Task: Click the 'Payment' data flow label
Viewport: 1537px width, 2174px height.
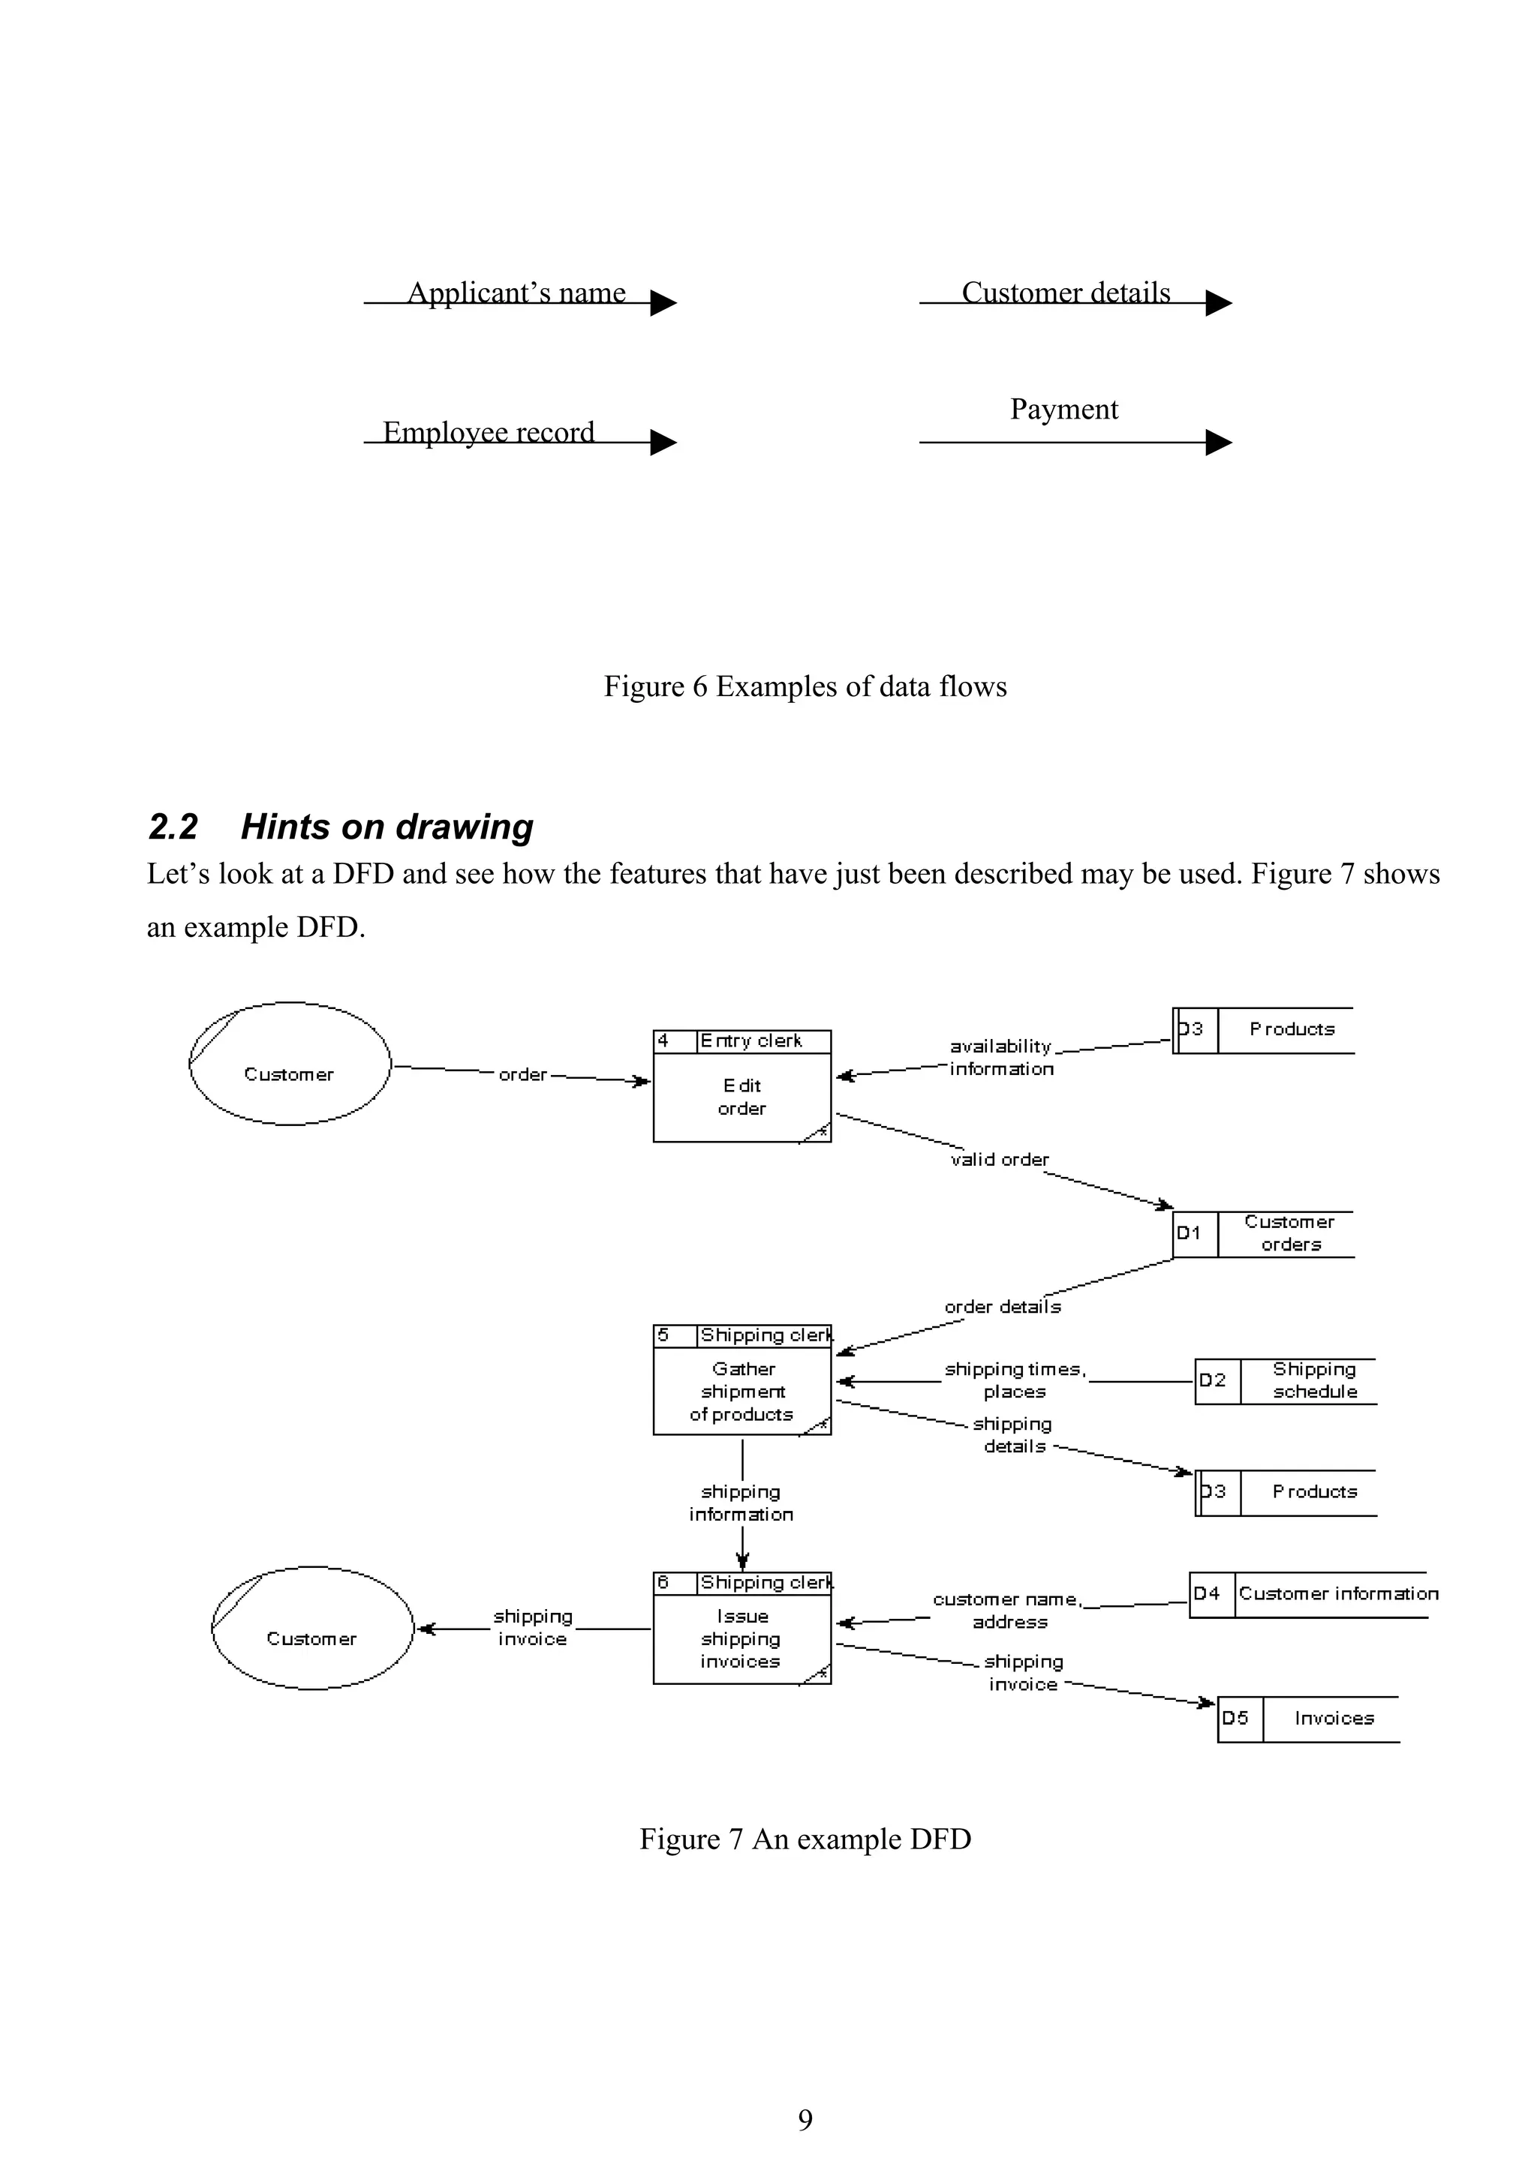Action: [1063, 409]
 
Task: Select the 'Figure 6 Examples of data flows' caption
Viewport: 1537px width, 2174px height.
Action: [805, 686]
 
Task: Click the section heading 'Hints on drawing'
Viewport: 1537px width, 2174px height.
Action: [387, 827]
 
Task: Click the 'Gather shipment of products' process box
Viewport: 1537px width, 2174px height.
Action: [741, 1391]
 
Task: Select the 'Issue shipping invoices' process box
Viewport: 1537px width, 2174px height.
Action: [741, 1639]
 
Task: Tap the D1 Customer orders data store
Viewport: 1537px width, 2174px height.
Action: [1263, 1234]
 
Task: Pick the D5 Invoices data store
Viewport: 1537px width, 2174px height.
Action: [1308, 1719]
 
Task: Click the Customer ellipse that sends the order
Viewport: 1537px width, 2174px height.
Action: [290, 1064]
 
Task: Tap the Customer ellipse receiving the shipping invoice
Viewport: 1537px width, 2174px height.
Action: [311, 1629]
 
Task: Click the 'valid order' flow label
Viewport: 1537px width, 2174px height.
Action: [1000, 1160]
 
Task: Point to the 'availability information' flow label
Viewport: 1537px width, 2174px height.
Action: [1001, 1058]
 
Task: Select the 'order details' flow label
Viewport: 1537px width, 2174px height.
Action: [1003, 1308]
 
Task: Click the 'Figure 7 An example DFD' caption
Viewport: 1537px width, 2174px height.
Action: [805, 1839]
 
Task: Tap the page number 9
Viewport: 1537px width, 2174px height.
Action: [805, 2119]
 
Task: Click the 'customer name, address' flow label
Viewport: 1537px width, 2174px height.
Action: [1008, 1611]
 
